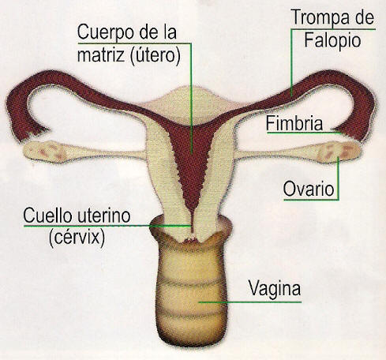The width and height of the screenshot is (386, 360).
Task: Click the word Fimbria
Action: (294, 123)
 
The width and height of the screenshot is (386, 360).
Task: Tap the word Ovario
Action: (309, 189)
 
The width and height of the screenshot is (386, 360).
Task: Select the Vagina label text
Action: (275, 289)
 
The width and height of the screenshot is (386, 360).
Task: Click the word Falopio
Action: (332, 41)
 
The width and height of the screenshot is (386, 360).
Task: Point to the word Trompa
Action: (319, 17)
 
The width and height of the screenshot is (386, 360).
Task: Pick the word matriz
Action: (100, 55)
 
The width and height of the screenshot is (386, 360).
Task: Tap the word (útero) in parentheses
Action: (155, 56)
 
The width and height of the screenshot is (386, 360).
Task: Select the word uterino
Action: (103, 216)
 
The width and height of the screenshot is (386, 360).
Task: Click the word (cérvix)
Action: (77, 238)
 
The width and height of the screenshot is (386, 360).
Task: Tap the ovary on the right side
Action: (338, 152)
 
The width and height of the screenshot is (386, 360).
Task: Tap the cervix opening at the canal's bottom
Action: (192, 239)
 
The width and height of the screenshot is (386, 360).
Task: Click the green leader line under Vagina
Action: (250, 302)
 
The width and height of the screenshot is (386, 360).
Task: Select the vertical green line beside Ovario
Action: (338, 178)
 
